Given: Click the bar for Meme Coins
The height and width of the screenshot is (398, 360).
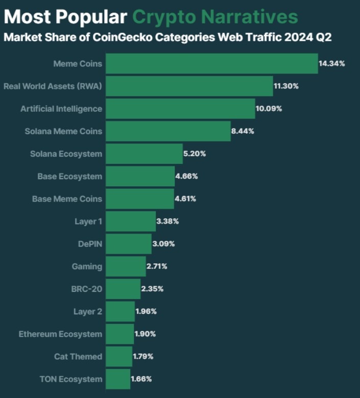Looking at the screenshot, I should click(212, 64).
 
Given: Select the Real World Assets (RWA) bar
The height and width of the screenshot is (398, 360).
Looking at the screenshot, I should click(189, 86).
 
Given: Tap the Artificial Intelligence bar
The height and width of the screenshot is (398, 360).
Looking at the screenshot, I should click(181, 109).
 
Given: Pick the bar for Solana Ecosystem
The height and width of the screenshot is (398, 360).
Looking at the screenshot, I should click(145, 154).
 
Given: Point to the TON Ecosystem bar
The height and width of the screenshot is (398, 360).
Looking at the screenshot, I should click(118, 379).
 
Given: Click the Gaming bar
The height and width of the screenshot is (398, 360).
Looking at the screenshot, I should click(126, 266).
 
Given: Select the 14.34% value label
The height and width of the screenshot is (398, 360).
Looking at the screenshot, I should click(332, 64).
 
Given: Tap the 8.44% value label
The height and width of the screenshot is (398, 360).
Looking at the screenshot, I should click(243, 131).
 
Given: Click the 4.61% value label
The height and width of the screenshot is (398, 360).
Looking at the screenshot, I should click(185, 198).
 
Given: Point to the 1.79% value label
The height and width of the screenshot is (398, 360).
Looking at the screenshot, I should click(143, 357).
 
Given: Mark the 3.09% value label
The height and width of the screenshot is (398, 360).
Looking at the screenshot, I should click(163, 244).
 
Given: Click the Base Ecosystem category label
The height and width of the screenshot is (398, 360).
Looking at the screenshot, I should click(69, 176).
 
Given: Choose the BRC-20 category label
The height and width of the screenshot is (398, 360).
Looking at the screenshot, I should click(87, 289).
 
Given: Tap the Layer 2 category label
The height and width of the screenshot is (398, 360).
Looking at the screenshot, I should click(88, 311).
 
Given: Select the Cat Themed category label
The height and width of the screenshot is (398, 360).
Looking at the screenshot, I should click(78, 357).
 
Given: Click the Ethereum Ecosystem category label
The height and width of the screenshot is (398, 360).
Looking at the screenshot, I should click(60, 334).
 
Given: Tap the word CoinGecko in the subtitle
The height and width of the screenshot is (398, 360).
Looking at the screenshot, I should click(115, 38).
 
